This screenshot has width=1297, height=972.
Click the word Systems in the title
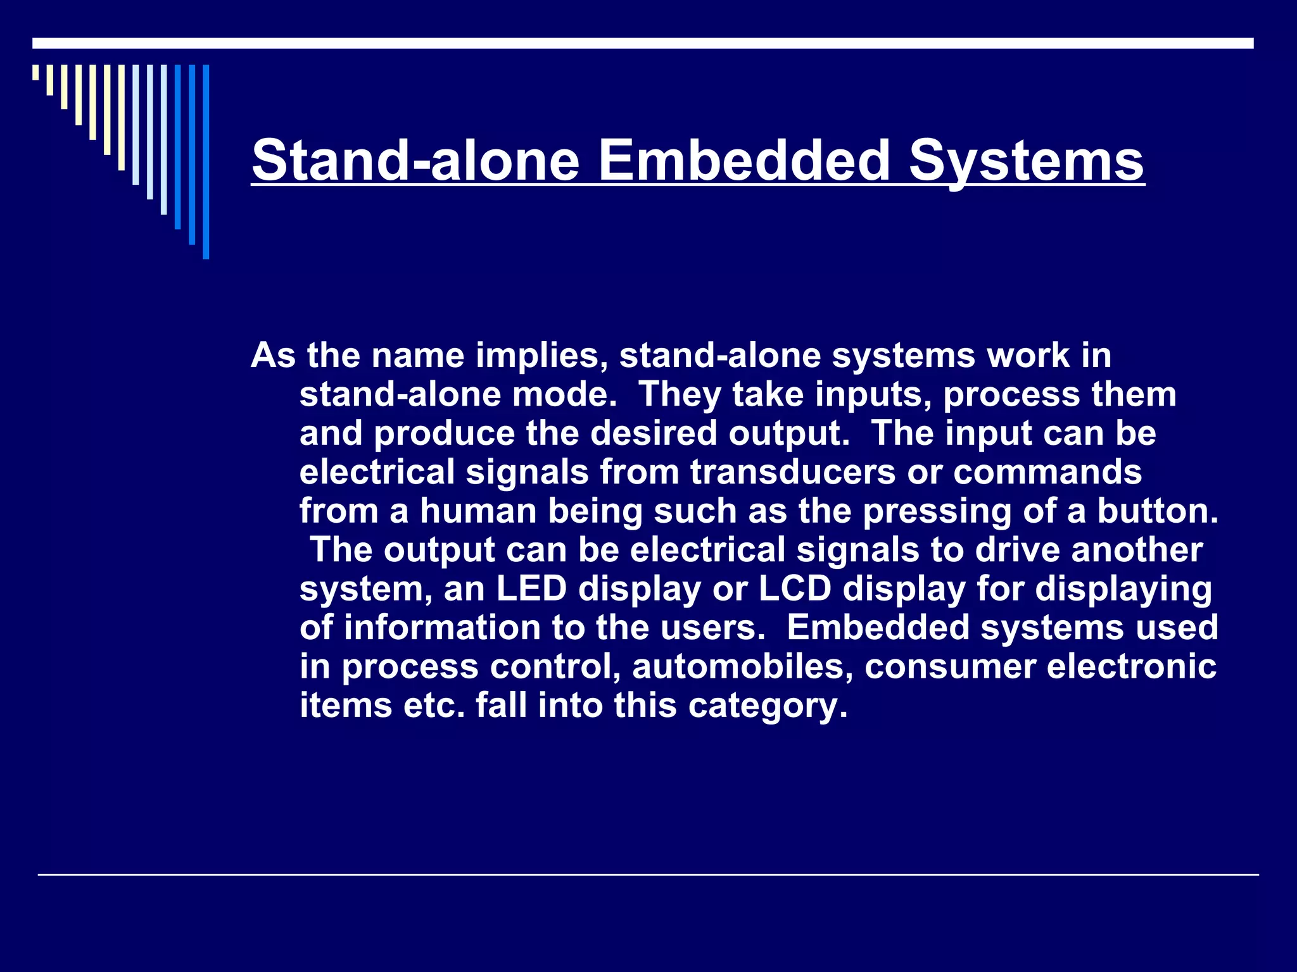click(1027, 161)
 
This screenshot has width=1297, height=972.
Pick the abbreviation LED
click(531, 589)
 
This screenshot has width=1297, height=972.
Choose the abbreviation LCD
click(794, 589)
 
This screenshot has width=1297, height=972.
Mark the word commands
click(1047, 472)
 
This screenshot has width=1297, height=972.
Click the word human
click(478, 511)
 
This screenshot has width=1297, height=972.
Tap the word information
click(442, 628)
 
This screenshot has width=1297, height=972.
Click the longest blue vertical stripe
click(206, 162)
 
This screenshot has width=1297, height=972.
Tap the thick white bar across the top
click(643, 43)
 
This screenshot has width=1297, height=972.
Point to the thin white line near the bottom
click(648, 875)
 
